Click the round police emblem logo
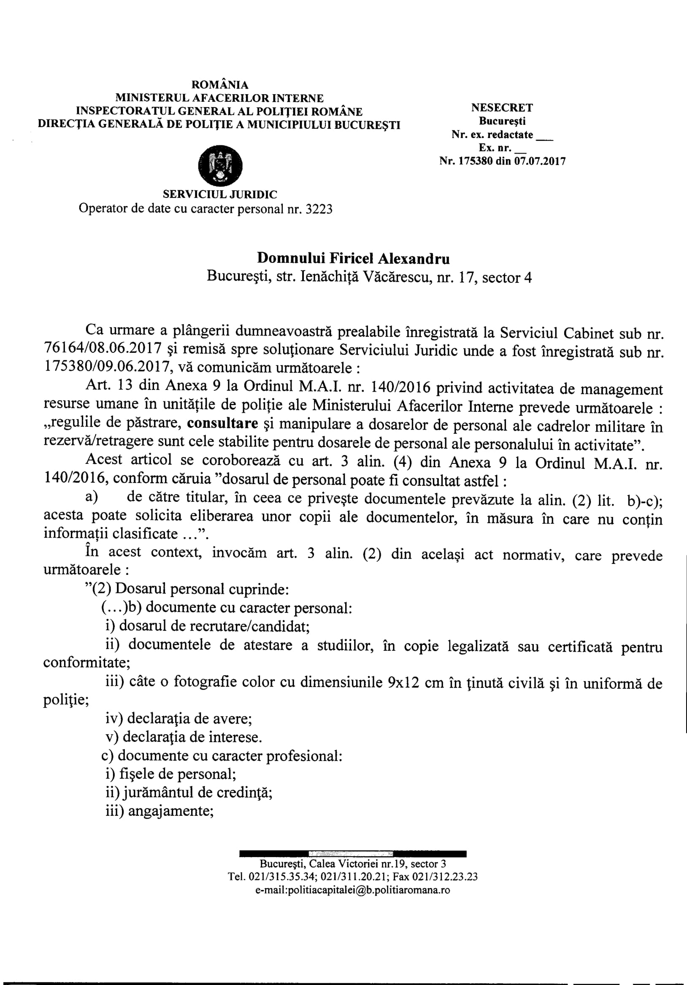click(x=220, y=165)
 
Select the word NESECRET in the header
click(x=502, y=108)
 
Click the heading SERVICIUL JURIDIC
click(x=220, y=194)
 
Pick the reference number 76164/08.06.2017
click(x=103, y=347)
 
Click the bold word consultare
click(x=223, y=423)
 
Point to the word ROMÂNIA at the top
click(x=220, y=85)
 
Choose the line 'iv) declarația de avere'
click(x=179, y=718)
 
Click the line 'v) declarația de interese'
click(x=184, y=737)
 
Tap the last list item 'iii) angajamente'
click(x=160, y=811)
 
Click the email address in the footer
click(x=352, y=890)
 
